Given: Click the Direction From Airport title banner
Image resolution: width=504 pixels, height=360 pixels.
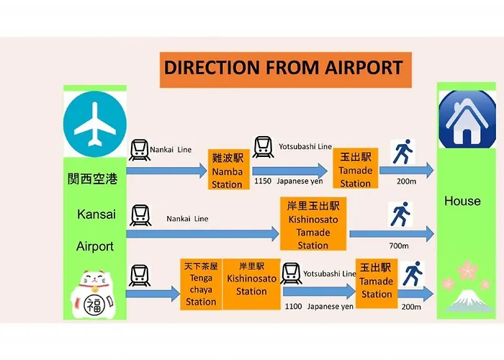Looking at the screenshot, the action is [x=286, y=70].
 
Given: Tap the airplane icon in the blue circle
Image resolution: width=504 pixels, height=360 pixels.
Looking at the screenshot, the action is [x=95, y=124].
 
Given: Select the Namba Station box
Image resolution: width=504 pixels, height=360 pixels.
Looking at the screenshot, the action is [x=229, y=169].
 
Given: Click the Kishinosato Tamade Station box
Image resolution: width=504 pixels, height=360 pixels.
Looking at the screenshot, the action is [x=313, y=224].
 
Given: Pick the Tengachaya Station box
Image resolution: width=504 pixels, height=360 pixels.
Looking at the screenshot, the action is [x=201, y=284].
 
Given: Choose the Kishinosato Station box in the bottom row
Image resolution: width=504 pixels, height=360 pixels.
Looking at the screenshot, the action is [x=251, y=284].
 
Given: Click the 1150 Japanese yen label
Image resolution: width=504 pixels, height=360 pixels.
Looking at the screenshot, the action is [x=288, y=181].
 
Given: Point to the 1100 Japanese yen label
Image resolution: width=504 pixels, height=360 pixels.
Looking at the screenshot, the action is [x=319, y=307].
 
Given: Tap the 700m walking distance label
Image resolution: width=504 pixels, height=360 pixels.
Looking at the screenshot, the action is [x=399, y=246].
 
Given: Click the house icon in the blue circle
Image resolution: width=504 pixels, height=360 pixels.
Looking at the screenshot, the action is [x=467, y=120].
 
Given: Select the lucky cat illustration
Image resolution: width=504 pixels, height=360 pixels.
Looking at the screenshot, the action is [x=93, y=294].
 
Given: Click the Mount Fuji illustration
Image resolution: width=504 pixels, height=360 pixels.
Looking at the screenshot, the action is [x=469, y=301].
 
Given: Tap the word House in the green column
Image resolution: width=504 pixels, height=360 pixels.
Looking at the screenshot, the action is [x=462, y=201].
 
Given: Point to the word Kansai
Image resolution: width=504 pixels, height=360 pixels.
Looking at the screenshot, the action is [x=96, y=215].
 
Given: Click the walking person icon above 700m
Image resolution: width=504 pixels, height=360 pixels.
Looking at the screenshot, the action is [x=400, y=214].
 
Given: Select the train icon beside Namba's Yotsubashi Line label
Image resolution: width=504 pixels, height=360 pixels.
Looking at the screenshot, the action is [x=264, y=147].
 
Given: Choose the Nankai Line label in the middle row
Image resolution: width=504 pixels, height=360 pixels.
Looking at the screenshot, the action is [x=187, y=219].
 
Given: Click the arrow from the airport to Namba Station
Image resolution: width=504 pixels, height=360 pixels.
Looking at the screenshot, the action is [x=166, y=171].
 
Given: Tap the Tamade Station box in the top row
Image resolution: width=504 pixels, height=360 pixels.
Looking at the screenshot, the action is [x=356, y=168].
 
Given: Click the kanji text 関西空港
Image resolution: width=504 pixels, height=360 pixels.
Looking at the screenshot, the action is [x=93, y=179].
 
